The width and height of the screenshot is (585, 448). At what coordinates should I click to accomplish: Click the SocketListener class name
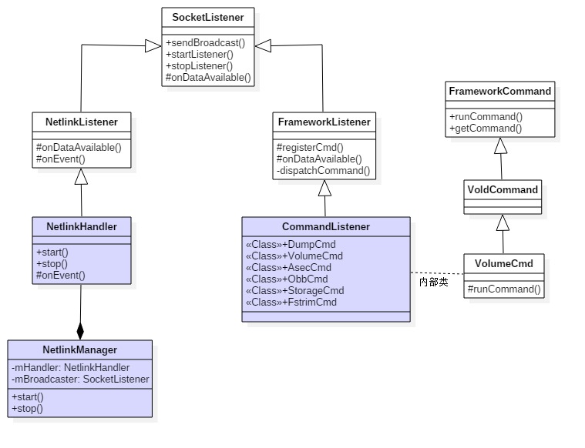point(208,17)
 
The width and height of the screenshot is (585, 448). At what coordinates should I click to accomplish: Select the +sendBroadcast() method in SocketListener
point(200,42)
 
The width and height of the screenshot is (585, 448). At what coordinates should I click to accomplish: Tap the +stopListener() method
point(199,65)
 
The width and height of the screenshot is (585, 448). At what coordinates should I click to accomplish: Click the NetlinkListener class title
point(81,122)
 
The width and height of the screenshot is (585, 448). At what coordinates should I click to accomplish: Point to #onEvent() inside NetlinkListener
point(60,159)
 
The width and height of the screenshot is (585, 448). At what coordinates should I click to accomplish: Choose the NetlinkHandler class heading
point(81,226)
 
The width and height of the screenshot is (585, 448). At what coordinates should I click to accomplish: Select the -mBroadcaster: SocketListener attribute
point(81,379)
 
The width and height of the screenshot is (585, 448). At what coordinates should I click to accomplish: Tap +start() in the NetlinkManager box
point(28,396)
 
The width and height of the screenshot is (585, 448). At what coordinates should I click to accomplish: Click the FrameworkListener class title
point(324,122)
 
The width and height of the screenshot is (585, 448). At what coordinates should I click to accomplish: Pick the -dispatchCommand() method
point(323,170)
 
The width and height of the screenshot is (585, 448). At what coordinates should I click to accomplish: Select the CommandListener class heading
point(326,226)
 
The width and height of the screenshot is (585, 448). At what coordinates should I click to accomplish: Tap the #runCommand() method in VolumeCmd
point(504,289)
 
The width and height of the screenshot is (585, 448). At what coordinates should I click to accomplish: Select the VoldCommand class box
point(503,189)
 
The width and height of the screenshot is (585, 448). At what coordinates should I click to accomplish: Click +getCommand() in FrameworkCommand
point(486,128)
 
